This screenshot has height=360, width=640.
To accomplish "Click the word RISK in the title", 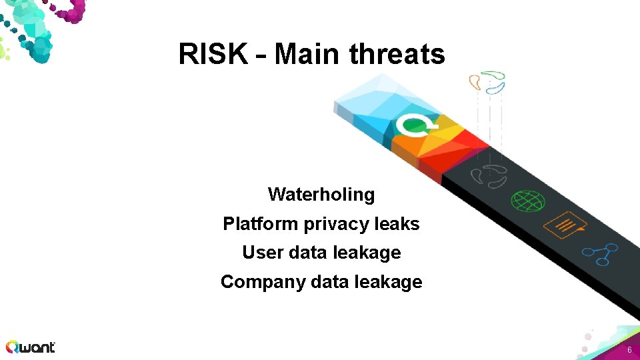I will [x=213, y=54].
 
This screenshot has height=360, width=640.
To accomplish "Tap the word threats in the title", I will [x=397, y=54].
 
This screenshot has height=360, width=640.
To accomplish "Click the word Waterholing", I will [x=321, y=195].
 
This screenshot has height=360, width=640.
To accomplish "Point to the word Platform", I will [x=261, y=224].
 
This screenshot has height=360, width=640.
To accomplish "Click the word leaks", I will [x=397, y=224].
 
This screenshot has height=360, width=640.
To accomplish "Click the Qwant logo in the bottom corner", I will [x=31, y=347].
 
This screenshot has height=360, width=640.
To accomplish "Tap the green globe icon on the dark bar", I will [x=528, y=200].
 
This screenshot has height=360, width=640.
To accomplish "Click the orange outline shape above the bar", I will [x=475, y=82].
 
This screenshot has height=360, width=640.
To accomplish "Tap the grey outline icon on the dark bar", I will [x=489, y=175].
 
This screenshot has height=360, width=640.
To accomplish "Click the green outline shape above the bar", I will [x=494, y=73].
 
